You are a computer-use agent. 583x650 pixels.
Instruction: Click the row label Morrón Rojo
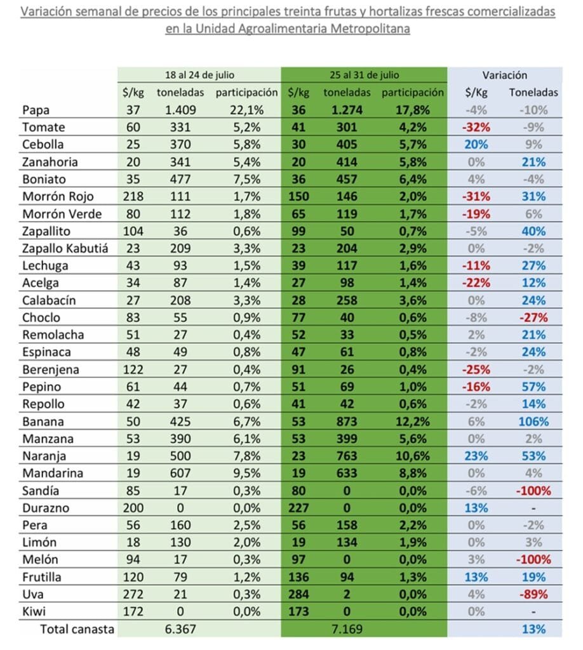(x=58, y=197)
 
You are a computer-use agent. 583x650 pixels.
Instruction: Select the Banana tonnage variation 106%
(x=533, y=421)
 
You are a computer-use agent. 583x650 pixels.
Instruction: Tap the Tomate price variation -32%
(x=476, y=127)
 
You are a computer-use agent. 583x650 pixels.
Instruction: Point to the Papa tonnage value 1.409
(x=180, y=110)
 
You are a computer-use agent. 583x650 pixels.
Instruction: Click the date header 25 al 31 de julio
(x=364, y=75)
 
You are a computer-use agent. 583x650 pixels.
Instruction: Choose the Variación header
(x=505, y=75)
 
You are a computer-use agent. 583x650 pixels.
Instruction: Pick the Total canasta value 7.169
(x=347, y=629)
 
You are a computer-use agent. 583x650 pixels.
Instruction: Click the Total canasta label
(x=77, y=629)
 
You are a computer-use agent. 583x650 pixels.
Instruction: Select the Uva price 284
(x=298, y=594)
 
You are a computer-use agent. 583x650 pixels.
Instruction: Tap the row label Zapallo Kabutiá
(x=65, y=248)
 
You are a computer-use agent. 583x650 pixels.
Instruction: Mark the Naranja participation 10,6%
(x=413, y=456)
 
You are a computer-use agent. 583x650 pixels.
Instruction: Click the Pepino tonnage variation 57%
(x=533, y=387)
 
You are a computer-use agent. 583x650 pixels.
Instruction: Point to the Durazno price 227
(x=298, y=508)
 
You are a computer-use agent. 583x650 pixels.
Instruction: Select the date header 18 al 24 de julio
(x=199, y=75)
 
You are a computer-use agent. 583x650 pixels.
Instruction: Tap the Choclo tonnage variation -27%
(x=533, y=317)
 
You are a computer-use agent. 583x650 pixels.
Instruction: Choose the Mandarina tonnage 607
(x=180, y=473)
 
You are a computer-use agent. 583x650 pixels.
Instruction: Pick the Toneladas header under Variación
(x=533, y=92)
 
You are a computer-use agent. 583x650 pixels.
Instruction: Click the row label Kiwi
(x=34, y=611)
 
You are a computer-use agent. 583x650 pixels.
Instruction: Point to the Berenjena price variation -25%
(x=476, y=369)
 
